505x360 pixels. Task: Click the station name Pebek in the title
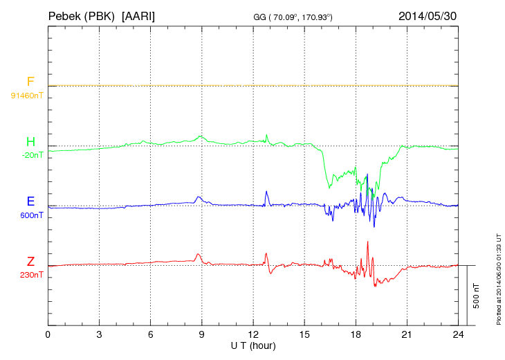coord(64,15)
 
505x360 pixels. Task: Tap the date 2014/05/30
coord(428,15)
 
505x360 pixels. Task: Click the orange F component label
coord(30,82)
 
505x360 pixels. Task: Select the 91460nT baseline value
coord(27,95)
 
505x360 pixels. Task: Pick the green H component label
coord(30,142)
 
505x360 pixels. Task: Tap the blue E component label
coord(30,201)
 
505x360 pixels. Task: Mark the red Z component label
coord(30,262)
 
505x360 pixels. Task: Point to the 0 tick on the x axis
coord(48,334)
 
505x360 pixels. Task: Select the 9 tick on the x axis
coord(202,334)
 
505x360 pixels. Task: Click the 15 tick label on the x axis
coord(304,334)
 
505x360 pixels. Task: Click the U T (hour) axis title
coord(253,345)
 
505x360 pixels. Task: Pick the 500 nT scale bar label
coord(477,295)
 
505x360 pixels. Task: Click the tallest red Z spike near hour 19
coord(368,242)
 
